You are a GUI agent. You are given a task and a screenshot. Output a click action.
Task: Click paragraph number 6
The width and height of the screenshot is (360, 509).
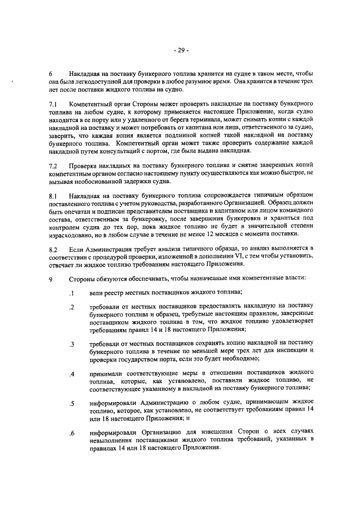tap(51, 74)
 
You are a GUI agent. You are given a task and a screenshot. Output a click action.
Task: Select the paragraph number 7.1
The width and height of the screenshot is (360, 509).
tap(53, 105)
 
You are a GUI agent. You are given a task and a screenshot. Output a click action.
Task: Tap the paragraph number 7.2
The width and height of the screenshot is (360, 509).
tap(53, 166)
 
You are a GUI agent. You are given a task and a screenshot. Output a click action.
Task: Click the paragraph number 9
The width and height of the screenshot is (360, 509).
tap(51, 278)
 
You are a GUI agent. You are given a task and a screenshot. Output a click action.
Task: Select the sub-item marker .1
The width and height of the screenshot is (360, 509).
tap(72, 292)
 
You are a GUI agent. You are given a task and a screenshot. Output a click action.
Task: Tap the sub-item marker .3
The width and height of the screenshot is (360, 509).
tap(72, 344)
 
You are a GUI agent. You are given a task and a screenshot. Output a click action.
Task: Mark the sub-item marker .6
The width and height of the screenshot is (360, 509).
tap(72, 433)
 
